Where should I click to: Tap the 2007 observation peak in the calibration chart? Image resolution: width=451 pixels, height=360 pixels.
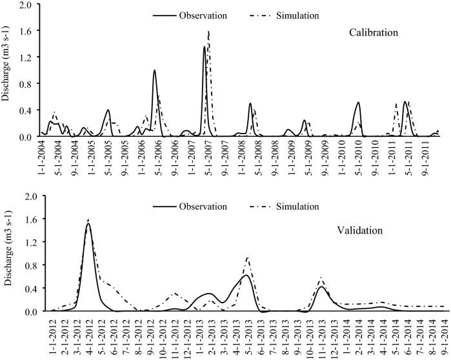click(x=205, y=46)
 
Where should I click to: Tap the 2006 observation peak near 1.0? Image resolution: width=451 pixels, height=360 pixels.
click(x=154, y=70)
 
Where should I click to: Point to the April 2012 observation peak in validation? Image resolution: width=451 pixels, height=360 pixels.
click(x=88, y=224)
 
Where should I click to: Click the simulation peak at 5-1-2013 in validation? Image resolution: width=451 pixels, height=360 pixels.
click(x=248, y=257)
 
